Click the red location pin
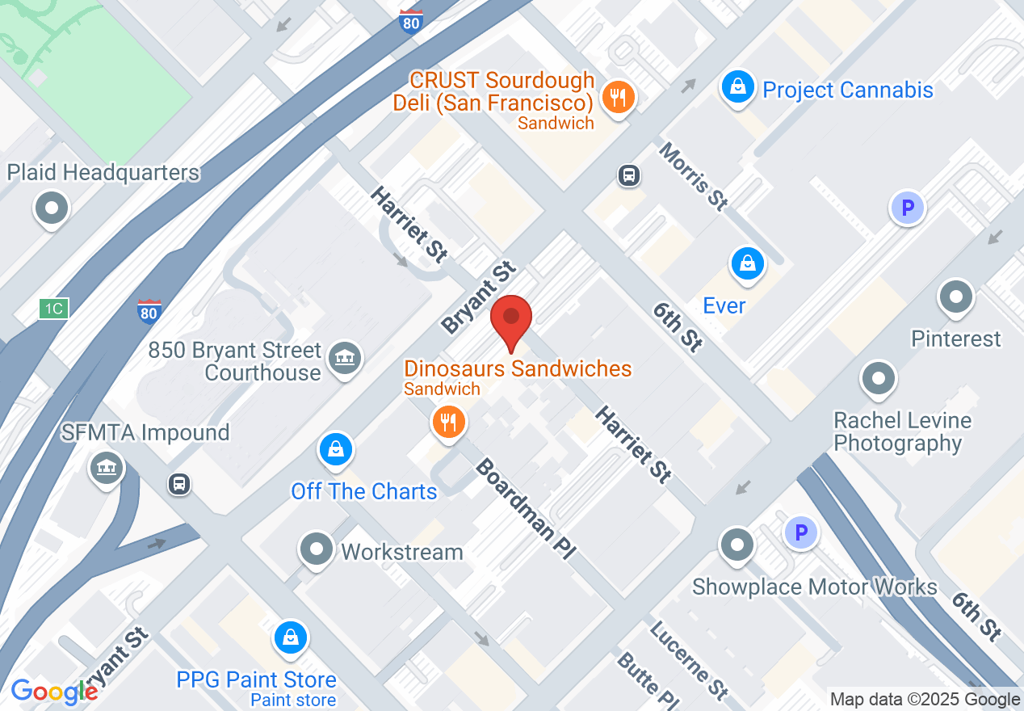[x=511, y=319]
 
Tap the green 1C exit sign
[x=54, y=308]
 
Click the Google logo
[x=54, y=692]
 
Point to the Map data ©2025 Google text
[x=925, y=700]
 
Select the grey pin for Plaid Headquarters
[x=52, y=208]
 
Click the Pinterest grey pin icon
[x=956, y=297]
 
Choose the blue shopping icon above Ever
[x=748, y=263]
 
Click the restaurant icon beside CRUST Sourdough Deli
[x=619, y=98]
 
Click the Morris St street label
[x=693, y=177]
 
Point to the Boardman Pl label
[x=525, y=509]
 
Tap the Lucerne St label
[x=689, y=659]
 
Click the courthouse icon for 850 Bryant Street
[x=345, y=357]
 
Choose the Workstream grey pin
[x=316, y=549]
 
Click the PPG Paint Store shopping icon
[x=290, y=637]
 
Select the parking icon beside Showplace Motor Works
[x=801, y=533]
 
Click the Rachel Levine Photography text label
[x=902, y=431]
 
